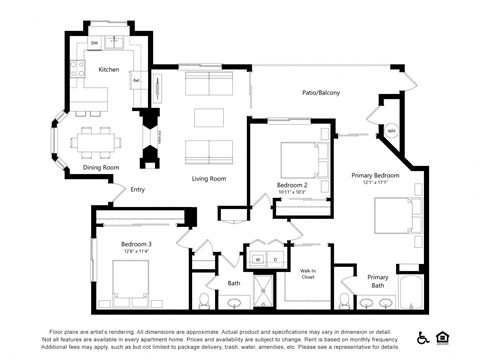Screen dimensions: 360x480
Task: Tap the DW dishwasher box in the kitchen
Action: pyautogui.click(x=95, y=44)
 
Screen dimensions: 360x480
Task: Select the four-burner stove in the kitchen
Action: pyautogui.click(x=77, y=69)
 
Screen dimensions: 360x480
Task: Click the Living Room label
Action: pyautogui.click(x=209, y=178)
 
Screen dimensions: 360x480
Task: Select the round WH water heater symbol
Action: pyautogui.click(x=392, y=131)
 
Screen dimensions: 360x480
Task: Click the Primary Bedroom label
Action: pyautogui.click(x=375, y=176)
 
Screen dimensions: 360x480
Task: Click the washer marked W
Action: pyautogui.click(x=257, y=260)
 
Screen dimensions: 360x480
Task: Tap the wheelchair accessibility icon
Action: pyautogui.click(x=423, y=336)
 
